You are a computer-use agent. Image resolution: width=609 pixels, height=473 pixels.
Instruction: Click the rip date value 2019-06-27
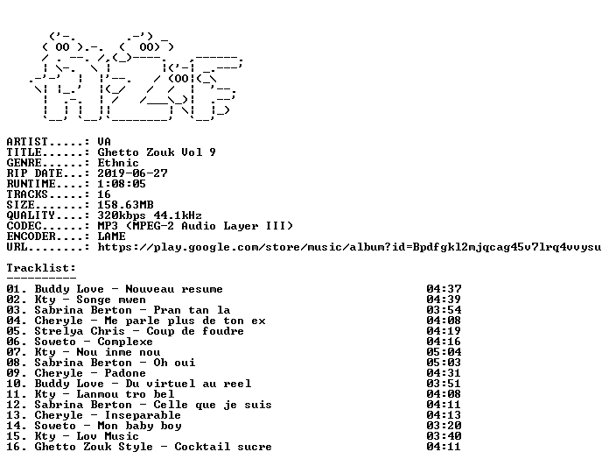coord(132,173)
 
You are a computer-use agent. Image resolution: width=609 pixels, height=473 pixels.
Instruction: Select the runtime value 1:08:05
coord(122,184)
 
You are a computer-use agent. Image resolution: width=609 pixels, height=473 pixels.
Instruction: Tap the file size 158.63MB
coord(125,205)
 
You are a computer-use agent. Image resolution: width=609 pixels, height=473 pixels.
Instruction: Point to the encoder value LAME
coord(111,236)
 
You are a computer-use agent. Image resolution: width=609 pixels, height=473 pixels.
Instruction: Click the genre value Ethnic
coord(118,163)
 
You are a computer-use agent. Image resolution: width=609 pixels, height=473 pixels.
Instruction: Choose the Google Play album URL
coord(349,247)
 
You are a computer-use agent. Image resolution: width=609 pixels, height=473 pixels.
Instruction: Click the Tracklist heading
coord(41,268)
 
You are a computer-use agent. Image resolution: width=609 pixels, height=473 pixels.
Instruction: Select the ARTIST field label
coord(27,142)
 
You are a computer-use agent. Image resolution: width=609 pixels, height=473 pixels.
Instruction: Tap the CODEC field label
coord(24,226)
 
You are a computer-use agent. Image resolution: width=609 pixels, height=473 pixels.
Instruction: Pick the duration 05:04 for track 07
coord(444,352)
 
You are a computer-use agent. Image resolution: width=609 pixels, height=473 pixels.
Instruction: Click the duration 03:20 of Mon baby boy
coord(444,426)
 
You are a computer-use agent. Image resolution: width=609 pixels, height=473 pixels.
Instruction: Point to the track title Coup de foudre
coord(195,331)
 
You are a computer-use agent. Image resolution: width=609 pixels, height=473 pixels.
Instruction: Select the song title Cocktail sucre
coord(223,447)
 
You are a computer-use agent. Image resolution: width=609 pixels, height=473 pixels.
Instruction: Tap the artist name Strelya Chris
coord(80,331)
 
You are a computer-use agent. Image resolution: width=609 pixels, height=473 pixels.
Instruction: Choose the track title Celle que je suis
coord(213,405)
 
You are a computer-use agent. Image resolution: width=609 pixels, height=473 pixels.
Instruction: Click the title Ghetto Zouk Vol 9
coord(157,152)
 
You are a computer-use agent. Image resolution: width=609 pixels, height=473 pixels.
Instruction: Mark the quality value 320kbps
coord(122,215)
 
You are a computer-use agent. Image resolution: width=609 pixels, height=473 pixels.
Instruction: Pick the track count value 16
coord(104,194)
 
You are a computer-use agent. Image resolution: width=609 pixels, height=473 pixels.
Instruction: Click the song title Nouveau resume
coord(174,289)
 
